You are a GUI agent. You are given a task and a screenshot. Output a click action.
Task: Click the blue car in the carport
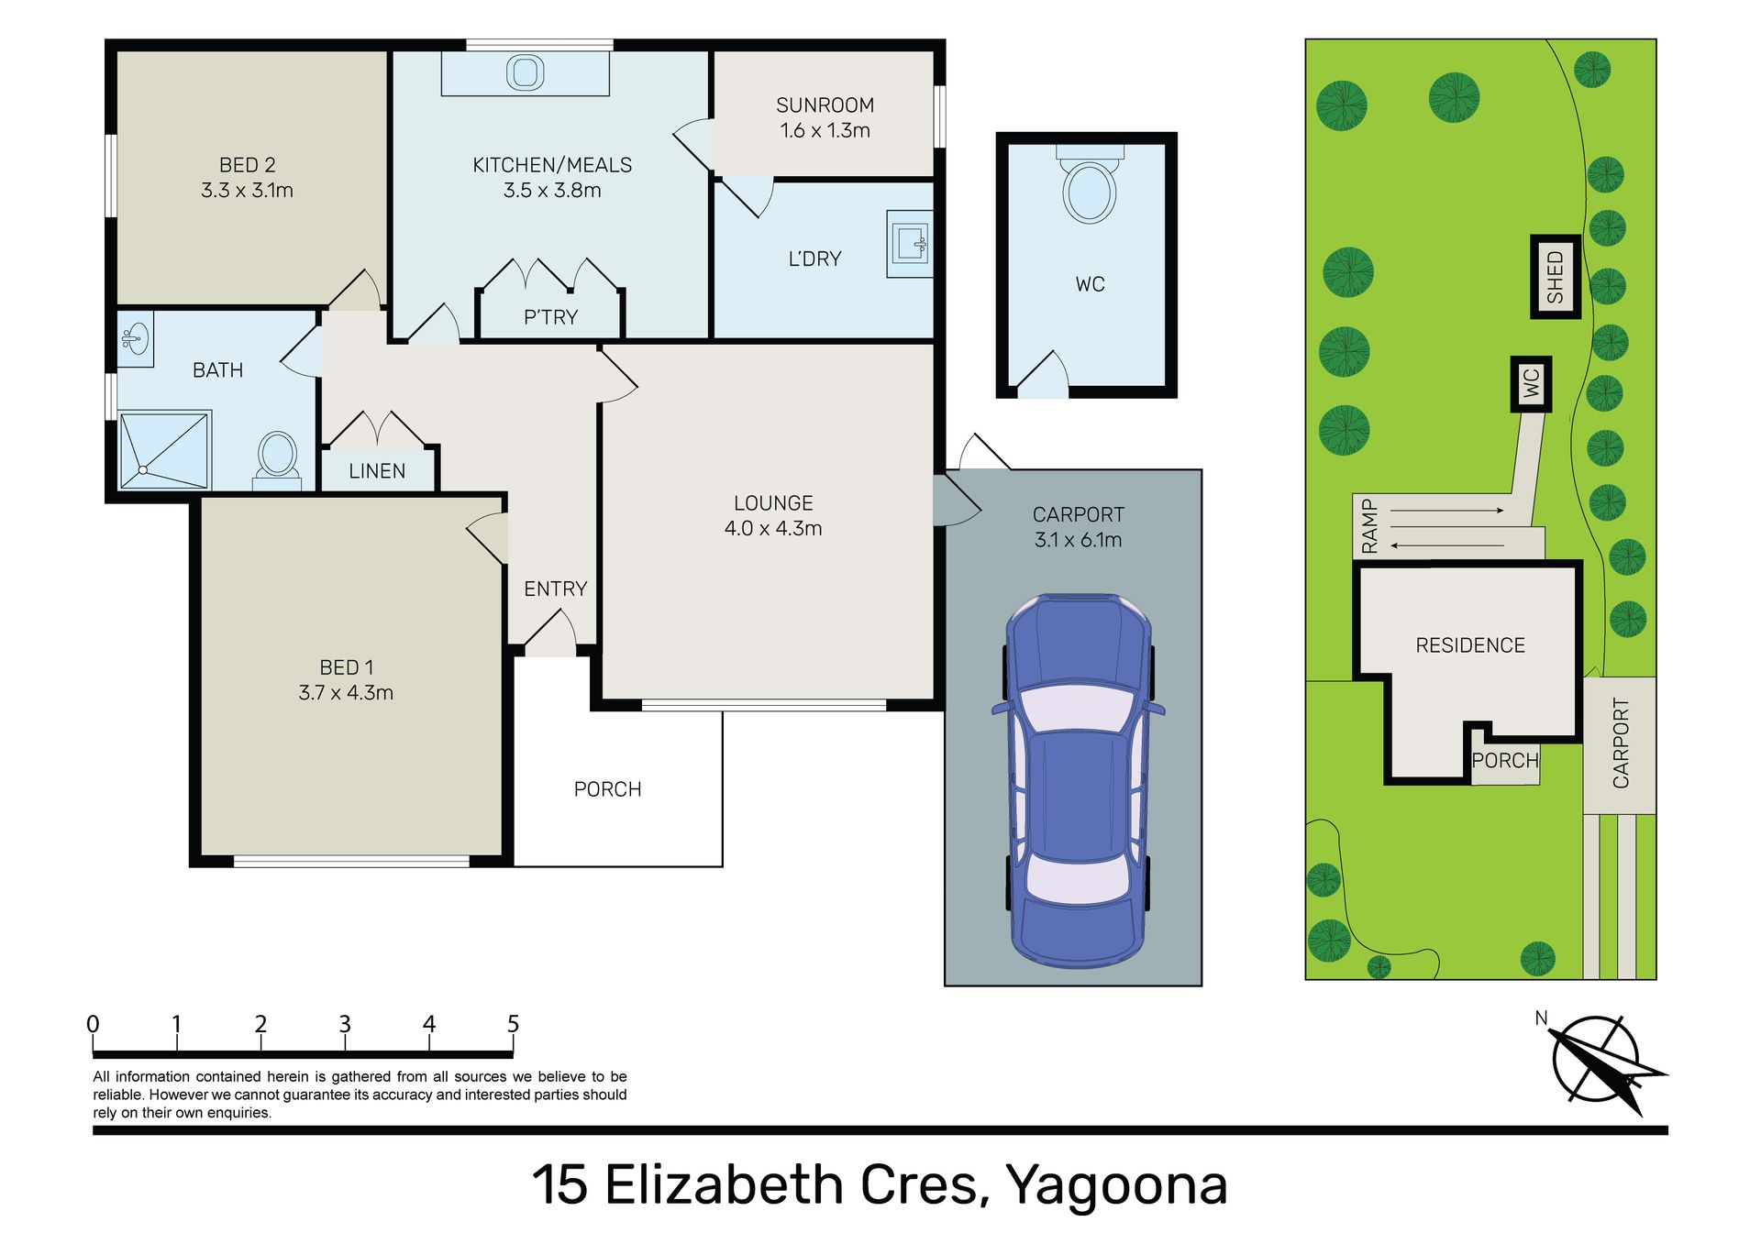(x=1078, y=780)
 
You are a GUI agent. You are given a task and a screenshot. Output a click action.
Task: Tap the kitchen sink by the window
(x=526, y=73)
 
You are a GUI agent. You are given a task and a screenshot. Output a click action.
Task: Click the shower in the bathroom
(x=165, y=450)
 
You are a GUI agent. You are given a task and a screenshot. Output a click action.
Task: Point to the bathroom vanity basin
(x=135, y=338)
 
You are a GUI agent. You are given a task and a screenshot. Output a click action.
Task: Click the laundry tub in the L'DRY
(x=910, y=244)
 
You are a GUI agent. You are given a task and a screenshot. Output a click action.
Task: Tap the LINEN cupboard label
(x=377, y=471)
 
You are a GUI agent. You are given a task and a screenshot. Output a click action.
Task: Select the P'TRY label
(x=550, y=317)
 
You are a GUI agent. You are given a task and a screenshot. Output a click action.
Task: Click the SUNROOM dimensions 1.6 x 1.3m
(x=825, y=130)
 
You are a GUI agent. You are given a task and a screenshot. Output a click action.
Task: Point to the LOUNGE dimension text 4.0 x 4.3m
(x=773, y=528)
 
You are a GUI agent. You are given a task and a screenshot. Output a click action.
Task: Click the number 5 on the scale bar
(x=513, y=1024)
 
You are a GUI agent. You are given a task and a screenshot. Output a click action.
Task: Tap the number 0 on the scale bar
(x=93, y=1024)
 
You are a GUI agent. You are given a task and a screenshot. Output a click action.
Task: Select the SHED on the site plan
(x=1556, y=277)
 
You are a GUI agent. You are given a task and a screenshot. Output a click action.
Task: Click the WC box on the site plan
(x=1531, y=383)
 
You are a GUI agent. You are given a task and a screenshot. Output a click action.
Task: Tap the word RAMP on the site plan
(x=1369, y=526)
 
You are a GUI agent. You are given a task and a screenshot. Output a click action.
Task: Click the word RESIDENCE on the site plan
(x=1470, y=645)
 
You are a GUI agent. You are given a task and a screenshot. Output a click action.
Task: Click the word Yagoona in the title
(x=1117, y=1185)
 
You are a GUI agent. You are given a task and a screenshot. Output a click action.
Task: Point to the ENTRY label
(x=556, y=589)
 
